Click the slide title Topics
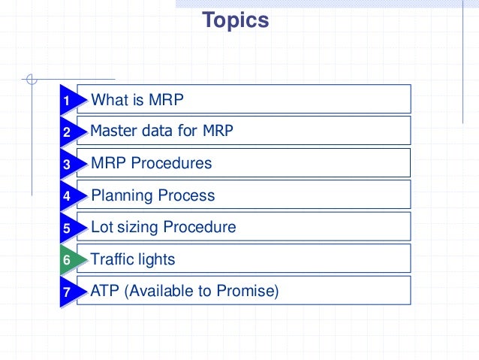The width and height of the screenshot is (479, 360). pos(235,20)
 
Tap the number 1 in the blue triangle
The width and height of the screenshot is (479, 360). pos(67,101)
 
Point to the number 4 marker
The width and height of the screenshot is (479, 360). pos(67,197)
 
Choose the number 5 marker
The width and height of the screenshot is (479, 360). pos(67,228)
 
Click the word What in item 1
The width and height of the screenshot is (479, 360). pos(110,100)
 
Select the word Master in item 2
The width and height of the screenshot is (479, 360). pos(113,131)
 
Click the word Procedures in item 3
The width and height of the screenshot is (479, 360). pos(177,163)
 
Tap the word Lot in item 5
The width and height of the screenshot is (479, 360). pos(101,227)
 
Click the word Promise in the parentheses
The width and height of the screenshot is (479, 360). pos(249,291)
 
